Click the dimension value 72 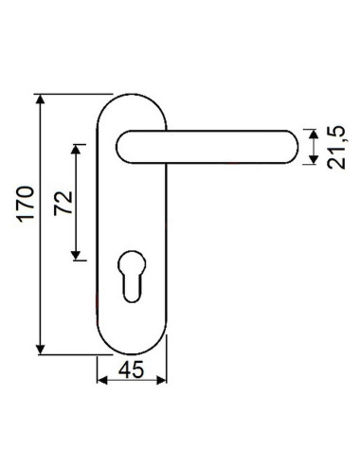pos(64,203)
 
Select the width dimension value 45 pos(133,371)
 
